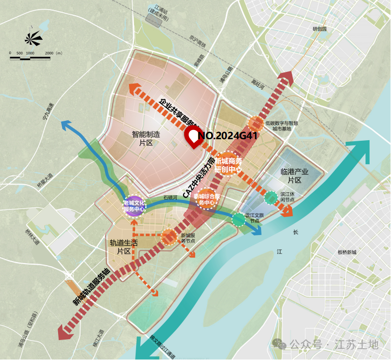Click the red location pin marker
pos(194,137)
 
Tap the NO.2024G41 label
pos(227,136)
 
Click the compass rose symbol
pos(33,38)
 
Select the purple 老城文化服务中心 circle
pos(134,206)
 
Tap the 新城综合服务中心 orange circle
pos(206,199)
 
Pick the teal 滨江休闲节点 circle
pos(271,197)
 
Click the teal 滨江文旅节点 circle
pos(238,219)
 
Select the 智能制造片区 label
pos(146,139)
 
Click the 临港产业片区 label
pos(295,176)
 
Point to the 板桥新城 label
pos(347,252)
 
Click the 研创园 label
pos(320,29)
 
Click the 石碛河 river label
pos(170,197)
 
